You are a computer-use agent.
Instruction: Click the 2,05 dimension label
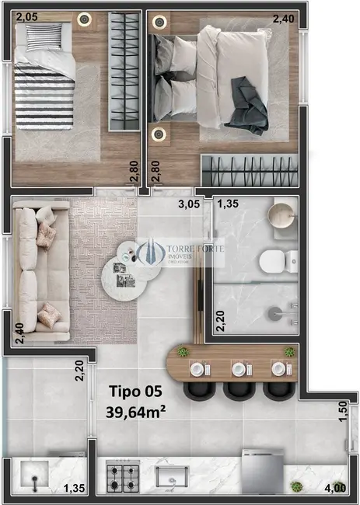(x=26, y=16)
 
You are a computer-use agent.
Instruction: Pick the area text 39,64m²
(x=136, y=411)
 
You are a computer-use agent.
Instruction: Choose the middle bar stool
(x=236, y=387)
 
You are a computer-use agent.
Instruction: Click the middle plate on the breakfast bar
(x=236, y=368)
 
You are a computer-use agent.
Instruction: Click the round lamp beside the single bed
(x=83, y=19)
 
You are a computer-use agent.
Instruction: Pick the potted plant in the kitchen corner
(x=296, y=487)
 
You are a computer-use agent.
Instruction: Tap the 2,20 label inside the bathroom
(x=220, y=321)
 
